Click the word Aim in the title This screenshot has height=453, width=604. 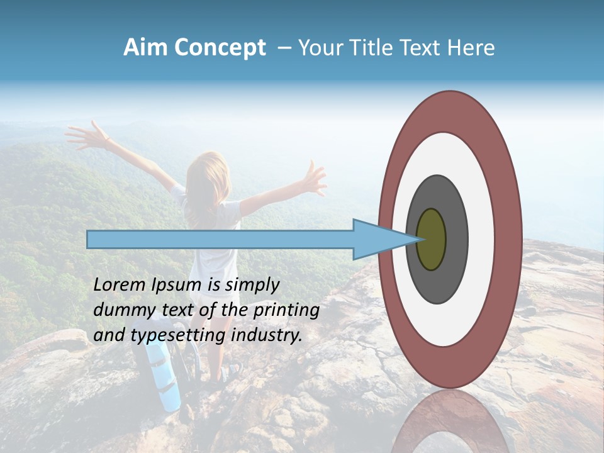click(x=145, y=48)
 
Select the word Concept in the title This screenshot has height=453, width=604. click(x=220, y=48)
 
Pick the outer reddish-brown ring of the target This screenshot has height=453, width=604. click(x=508, y=239)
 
